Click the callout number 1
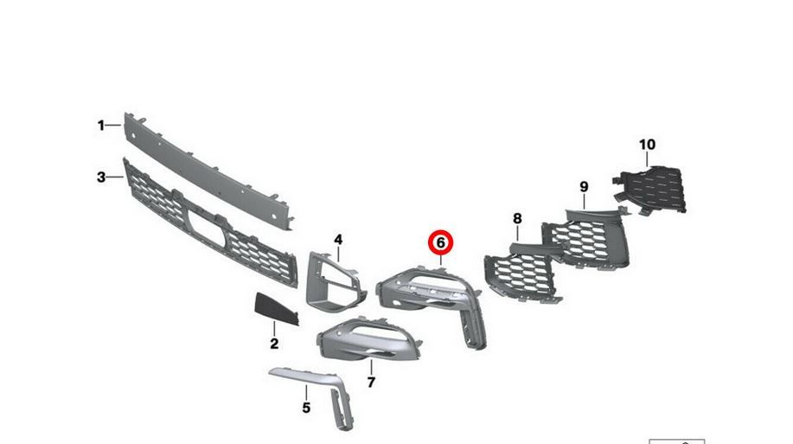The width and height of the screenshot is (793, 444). click(x=101, y=125)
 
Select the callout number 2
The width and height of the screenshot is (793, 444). click(x=274, y=344)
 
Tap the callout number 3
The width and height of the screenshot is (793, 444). click(x=101, y=177)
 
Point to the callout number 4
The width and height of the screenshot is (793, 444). click(x=338, y=240)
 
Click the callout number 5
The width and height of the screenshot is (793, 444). click(x=306, y=408)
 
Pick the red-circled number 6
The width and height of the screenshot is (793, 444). click(x=440, y=243)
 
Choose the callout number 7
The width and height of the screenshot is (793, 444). click(x=371, y=383)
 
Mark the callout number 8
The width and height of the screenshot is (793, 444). click(x=517, y=219)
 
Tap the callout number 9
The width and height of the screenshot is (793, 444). click(x=584, y=187)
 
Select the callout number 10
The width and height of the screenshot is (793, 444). click(x=647, y=145)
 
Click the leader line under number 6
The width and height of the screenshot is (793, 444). click(x=440, y=261)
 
